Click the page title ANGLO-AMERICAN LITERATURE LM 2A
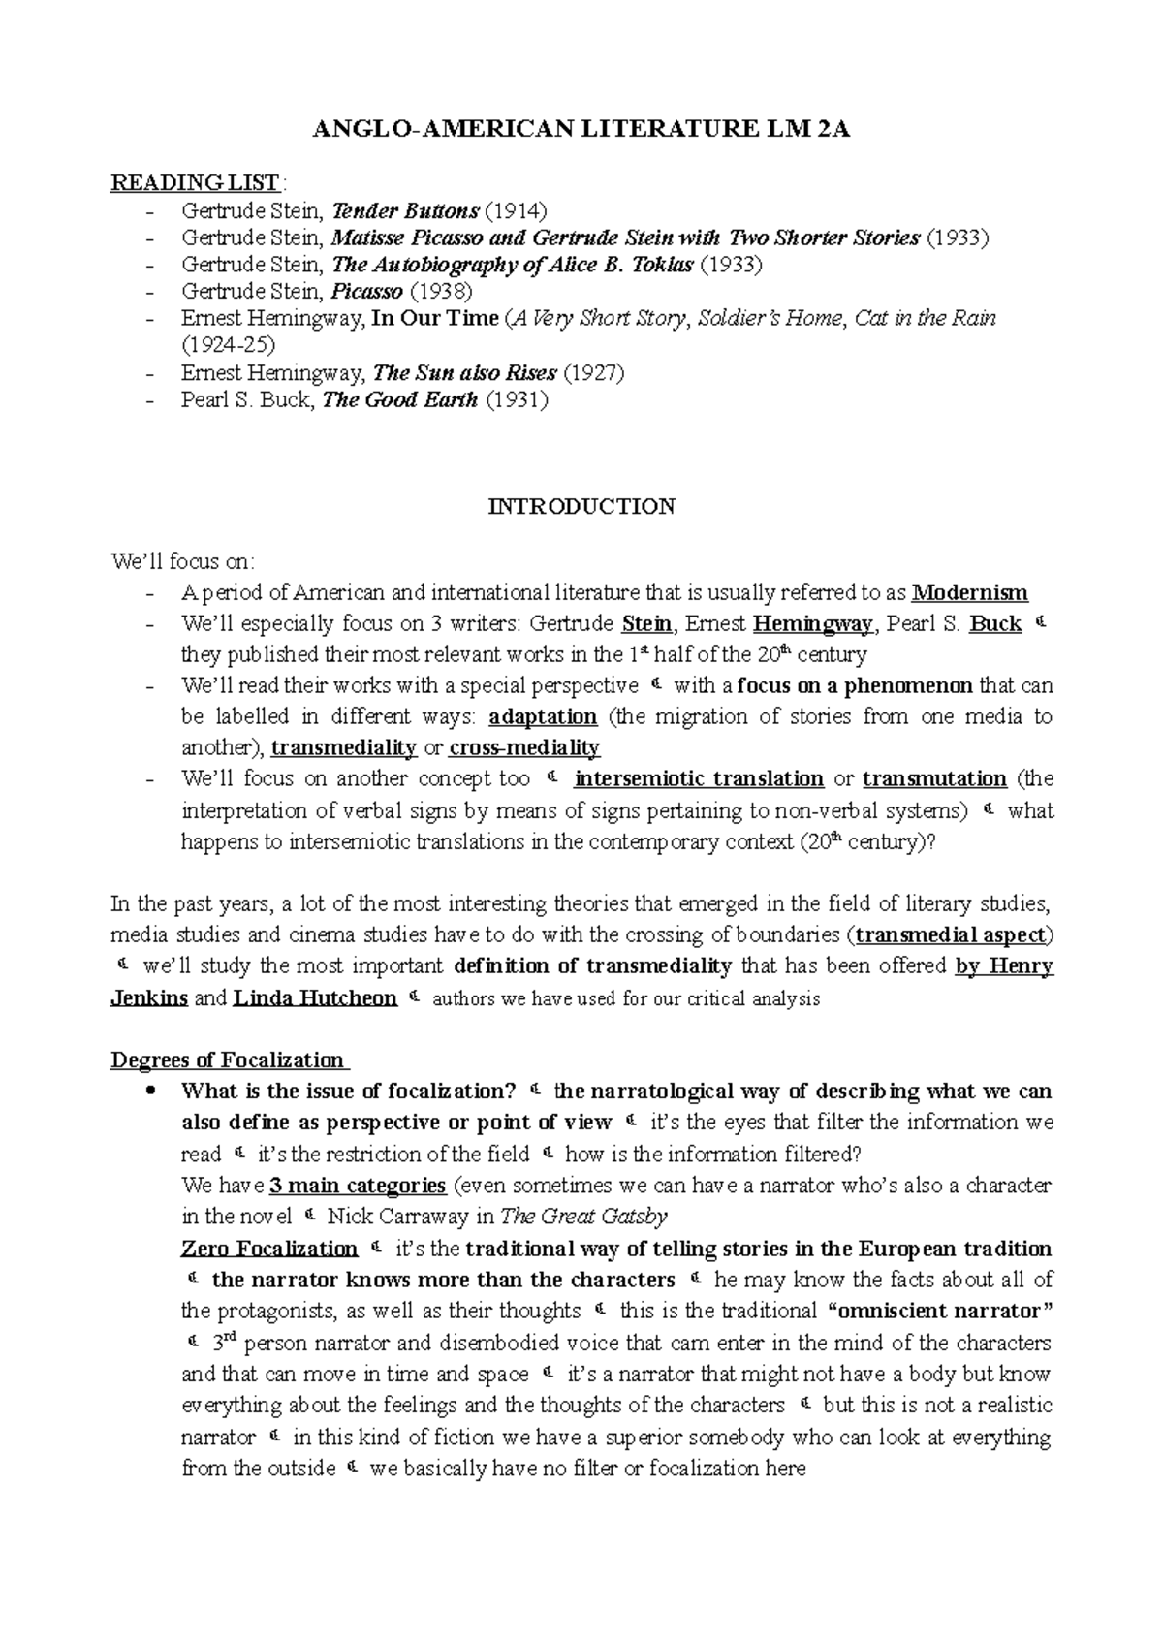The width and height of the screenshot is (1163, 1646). (x=581, y=131)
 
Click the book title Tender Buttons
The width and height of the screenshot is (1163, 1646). (x=405, y=210)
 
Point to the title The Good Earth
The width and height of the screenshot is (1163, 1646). (x=399, y=399)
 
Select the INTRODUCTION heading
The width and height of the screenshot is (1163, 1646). (x=581, y=507)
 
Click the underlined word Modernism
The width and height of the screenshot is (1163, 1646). (x=970, y=592)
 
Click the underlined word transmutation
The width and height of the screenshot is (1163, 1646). (x=934, y=779)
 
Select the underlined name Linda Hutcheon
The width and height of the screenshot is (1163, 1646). (x=315, y=998)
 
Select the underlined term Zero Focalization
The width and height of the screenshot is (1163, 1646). (x=269, y=1249)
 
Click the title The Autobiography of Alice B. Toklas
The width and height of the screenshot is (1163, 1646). (x=513, y=265)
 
